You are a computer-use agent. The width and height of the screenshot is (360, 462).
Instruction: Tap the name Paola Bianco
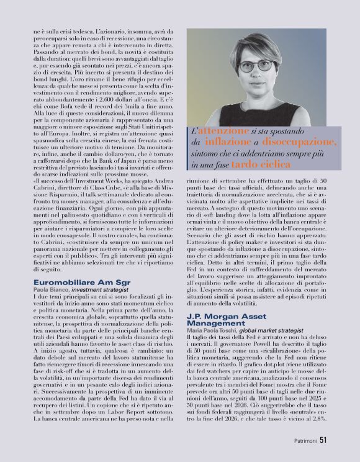[x=50, y=289]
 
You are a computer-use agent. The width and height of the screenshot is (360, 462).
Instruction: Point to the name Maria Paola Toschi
[x=211, y=330]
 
